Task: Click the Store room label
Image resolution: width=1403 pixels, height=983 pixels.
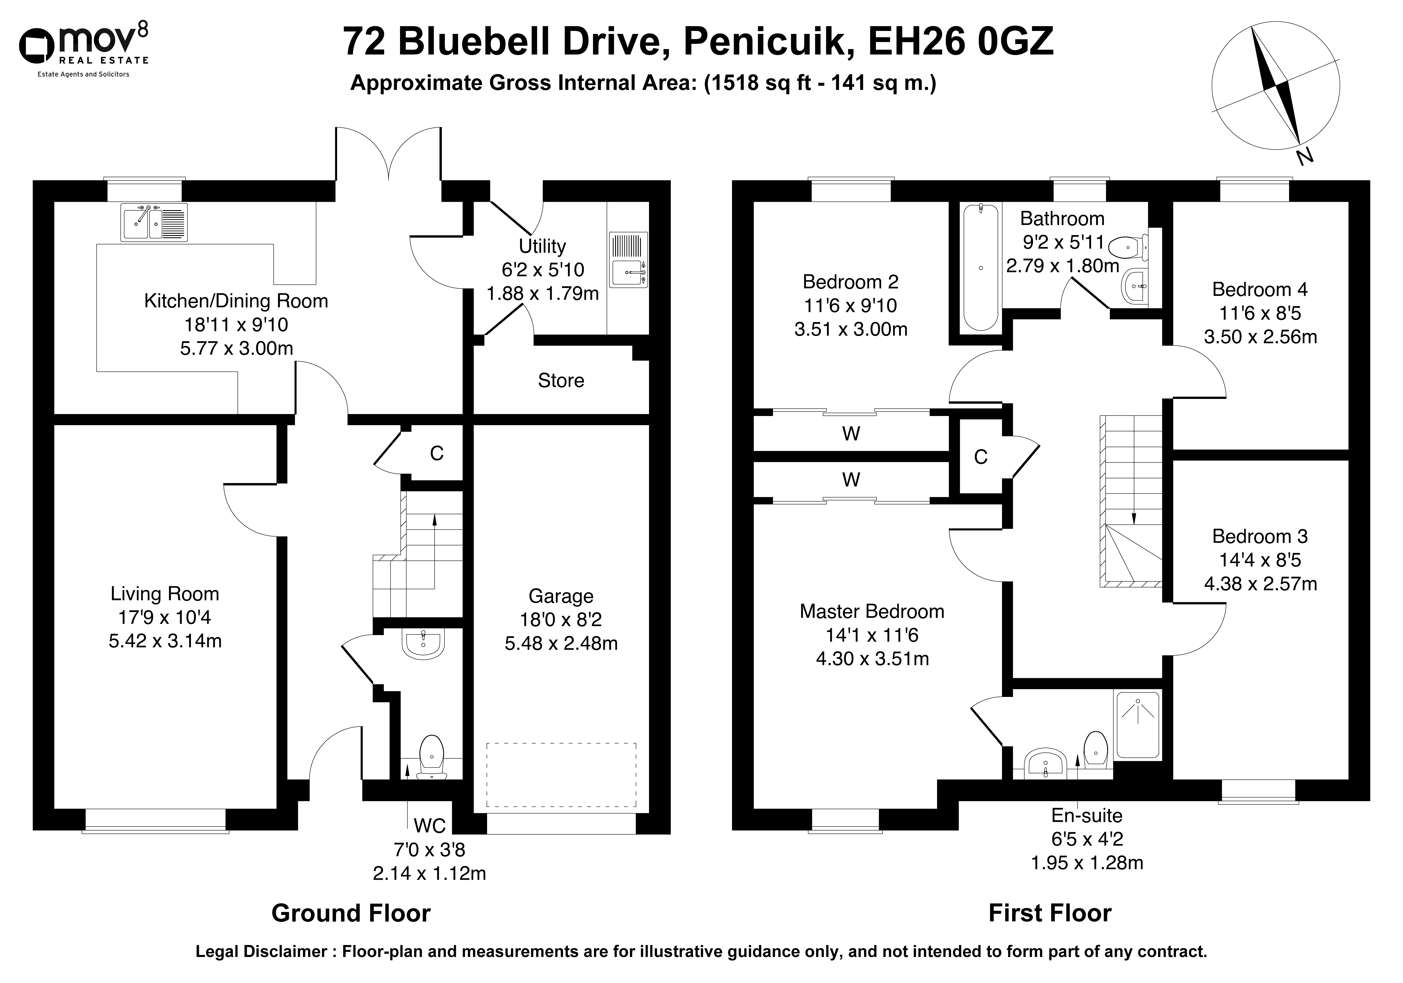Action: (x=561, y=381)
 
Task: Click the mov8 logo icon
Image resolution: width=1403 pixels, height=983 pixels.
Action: (x=38, y=46)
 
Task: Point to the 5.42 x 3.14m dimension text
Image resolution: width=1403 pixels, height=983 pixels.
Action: (x=165, y=641)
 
